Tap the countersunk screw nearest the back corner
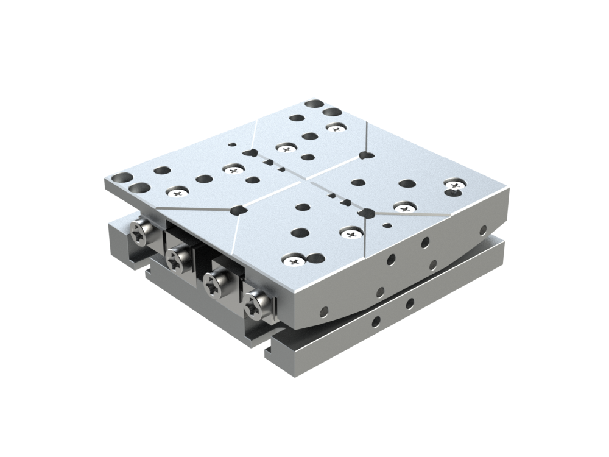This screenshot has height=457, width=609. click(336, 127)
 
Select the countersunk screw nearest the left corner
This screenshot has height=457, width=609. click(177, 193)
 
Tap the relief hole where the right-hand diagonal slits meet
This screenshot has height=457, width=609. click(367, 213)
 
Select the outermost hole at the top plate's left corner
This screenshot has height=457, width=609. click(121, 178)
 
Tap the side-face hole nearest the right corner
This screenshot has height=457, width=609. click(483, 230)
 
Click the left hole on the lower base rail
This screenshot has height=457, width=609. click(376, 321)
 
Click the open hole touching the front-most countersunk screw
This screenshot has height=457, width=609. click(314, 259)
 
